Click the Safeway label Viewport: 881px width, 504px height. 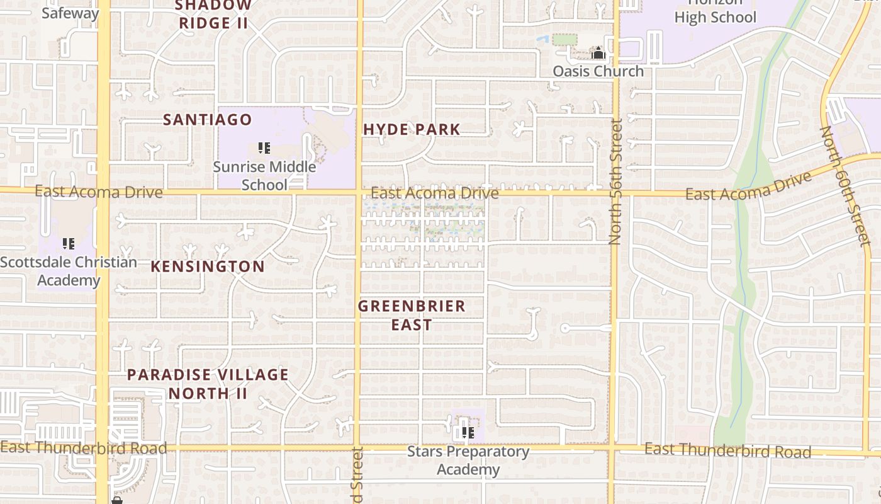pos(70,13)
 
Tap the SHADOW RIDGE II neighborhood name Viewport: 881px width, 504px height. pos(213,15)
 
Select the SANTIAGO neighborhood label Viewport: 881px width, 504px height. pos(207,119)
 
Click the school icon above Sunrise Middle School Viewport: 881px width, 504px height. pos(264,148)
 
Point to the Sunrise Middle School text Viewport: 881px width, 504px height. pos(264,176)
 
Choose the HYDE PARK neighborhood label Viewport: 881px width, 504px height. pos(412,129)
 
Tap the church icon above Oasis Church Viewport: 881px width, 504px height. pos(598,53)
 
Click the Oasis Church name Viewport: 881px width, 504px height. pos(598,71)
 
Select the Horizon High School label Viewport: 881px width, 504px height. pos(715,13)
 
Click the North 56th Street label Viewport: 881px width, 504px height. pos(615,181)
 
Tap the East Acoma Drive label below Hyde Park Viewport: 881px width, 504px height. pos(434,193)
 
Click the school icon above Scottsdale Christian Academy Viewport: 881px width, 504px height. pos(69,243)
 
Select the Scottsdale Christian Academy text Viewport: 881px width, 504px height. pos(69,271)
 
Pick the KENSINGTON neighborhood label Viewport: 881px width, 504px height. pos(207,266)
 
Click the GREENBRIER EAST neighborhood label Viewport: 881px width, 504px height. pos(412,315)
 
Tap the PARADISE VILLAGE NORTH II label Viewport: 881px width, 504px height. pos(208,384)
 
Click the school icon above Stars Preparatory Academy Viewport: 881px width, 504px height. pos(468,432)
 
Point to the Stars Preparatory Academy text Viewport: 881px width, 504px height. pos(468,461)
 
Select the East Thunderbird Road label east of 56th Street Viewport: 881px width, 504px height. pos(727,450)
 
